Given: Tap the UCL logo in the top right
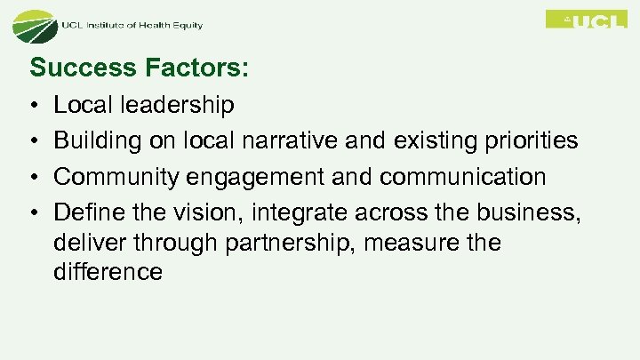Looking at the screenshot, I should coord(586,20).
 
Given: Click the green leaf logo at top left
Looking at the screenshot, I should coord(34,26).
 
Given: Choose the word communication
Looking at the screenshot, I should coord(462,177).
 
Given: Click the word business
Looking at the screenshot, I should coord(533,212).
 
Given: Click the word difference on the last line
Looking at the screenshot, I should coord(108,272).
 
